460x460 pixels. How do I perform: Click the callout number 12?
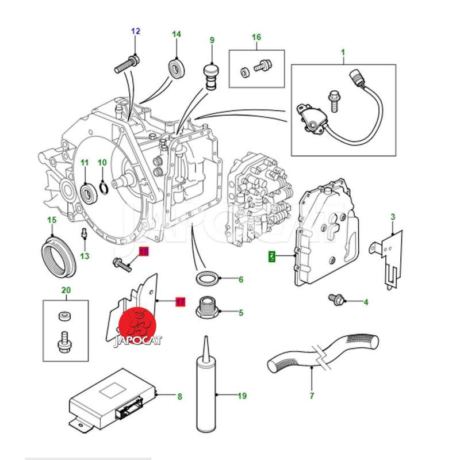136,31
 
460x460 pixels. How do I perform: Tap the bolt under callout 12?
126,63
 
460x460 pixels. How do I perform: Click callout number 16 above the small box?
256,37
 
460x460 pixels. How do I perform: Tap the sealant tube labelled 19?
205,391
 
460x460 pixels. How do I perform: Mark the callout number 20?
66,290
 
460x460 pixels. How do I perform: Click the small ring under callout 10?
103,187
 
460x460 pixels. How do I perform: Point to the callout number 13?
85,256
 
